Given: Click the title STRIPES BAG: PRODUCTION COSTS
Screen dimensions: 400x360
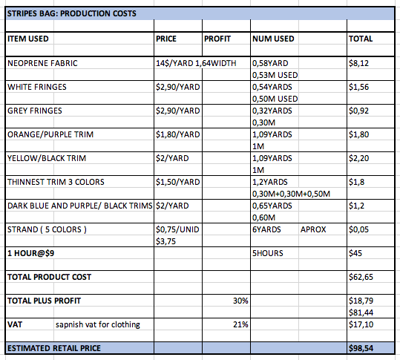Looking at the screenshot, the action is click(x=72, y=13).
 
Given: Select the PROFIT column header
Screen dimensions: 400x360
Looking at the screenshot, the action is click(x=217, y=39).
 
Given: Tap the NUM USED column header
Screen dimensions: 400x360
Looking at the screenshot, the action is click(x=273, y=39).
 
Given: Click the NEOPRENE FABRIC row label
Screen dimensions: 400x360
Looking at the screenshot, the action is click(x=42, y=63).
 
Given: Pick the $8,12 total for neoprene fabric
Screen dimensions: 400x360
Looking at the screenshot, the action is click(x=358, y=63).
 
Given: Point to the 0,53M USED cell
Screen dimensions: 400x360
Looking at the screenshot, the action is click(x=275, y=75).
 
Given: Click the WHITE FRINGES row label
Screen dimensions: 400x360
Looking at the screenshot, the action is click(x=37, y=87).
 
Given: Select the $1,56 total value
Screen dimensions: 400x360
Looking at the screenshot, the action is click(x=358, y=87).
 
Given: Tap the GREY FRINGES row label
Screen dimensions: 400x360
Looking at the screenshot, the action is click(x=35, y=111).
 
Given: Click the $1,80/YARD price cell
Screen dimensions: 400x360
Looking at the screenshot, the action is click(x=178, y=134).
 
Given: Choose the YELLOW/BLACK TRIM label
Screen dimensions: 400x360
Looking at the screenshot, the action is click(x=47, y=158).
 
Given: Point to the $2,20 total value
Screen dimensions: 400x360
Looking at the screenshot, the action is click(x=358, y=158).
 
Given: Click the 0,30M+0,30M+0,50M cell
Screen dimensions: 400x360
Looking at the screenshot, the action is click(x=291, y=194).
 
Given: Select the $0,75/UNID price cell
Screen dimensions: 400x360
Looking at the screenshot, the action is click(x=177, y=229).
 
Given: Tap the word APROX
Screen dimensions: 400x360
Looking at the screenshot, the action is click(x=313, y=229).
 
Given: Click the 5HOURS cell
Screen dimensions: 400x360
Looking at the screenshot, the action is click(x=268, y=253).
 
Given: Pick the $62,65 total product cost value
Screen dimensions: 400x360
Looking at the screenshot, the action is click(x=361, y=277).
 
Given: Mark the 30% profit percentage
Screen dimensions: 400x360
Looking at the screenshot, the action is click(x=240, y=301).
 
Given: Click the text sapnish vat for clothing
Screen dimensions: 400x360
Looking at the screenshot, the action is click(x=98, y=324).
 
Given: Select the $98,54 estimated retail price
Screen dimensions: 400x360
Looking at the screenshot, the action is click(x=361, y=348).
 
